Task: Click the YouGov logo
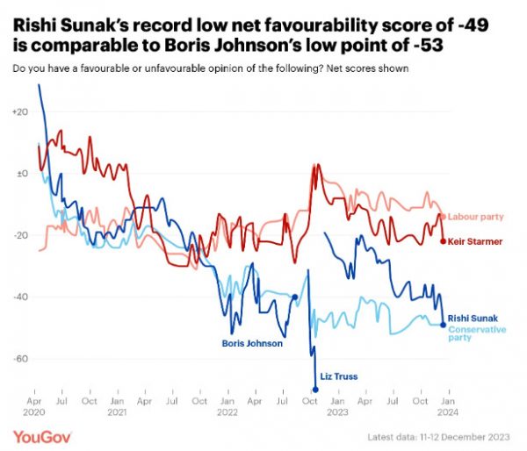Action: click(42, 435)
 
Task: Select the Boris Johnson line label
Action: click(252, 343)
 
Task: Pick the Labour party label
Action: click(474, 216)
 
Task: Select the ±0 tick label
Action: click(21, 174)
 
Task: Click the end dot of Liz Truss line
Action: click(314, 389)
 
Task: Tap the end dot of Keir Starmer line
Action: click(443, 240)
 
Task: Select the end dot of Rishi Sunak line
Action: click(443, 325)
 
